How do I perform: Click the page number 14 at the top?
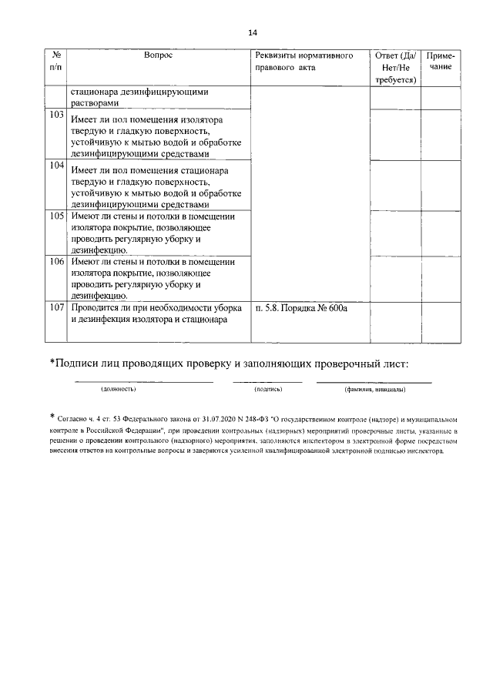tap(253, 32)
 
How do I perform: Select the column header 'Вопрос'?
tap(159, 55)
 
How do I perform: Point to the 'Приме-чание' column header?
tap(441, 62)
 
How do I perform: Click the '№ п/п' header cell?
tap(55, 62)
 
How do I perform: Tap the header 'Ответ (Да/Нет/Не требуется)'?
tap(394, 67)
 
